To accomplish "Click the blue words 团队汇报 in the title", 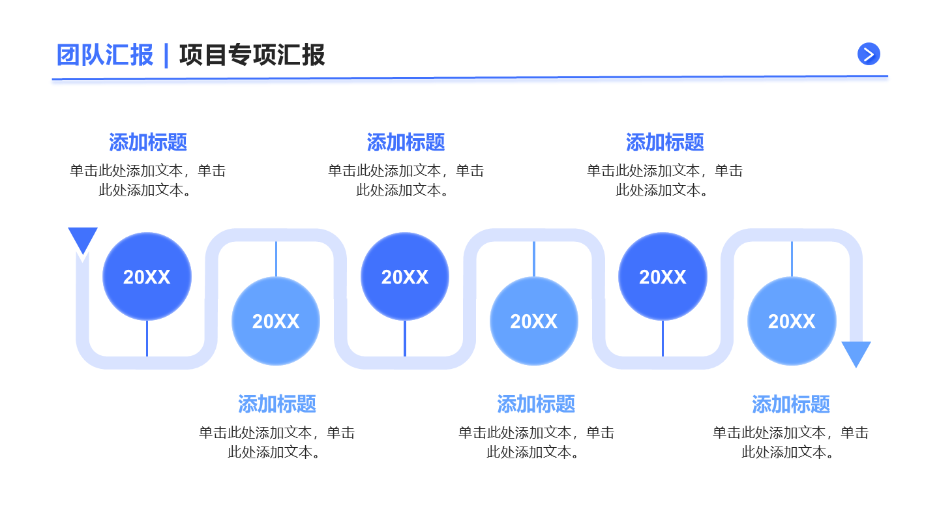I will [x=105, y=55].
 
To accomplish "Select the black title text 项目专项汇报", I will [x=252, y=55].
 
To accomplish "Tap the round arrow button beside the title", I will [x=869, y=54].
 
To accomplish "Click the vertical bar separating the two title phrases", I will [x=166, y=55].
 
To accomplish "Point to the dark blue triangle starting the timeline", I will [x=83, y=239].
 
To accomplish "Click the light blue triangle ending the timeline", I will [x=856, y=353].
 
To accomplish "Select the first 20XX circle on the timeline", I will [x=147, y=277].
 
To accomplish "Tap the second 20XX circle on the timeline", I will [x=276, y=321].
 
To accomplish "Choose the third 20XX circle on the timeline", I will [x=405, y=277].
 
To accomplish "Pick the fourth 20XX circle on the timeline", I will [x=534, y=321].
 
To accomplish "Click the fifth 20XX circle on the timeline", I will [x=663, y=277].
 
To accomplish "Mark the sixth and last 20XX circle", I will [x=792, y=321].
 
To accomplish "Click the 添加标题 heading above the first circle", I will [x=148, y=142].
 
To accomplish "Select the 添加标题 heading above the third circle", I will [x=406, y=142].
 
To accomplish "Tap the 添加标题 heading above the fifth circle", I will [x=664, y=142].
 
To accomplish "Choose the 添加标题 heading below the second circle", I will [x=277, y=404].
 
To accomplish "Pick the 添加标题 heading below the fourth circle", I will [x=536, y=404].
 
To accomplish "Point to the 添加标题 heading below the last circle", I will [x=791, y=404].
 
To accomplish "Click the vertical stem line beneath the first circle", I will [x=147, y=339].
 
